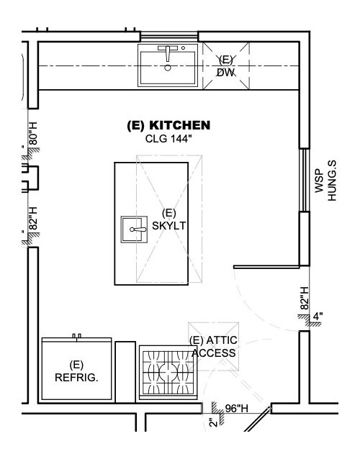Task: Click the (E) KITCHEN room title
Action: [168, 125]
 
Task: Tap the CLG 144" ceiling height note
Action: [168, 138]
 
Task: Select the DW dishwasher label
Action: [226, 73]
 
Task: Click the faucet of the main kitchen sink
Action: [168, 52]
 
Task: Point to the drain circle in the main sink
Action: [168, 68]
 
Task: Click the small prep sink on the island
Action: [134, 229]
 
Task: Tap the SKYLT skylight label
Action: [169, 226]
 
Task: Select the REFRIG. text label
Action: [76, 378]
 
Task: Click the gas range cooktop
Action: [168, 373]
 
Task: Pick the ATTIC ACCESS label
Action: [214, 347]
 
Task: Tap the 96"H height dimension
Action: [236, 409]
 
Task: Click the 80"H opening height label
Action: [33, 134]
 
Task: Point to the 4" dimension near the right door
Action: [318, 317]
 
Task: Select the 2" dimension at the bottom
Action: [215, 422]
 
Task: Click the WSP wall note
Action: [319, 181]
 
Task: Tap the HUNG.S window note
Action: [332, 181]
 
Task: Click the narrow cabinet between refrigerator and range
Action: [125, 372]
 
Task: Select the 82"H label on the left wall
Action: [33, 219]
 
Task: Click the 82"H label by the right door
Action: [305, 298]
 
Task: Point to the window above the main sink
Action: [169, 36]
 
